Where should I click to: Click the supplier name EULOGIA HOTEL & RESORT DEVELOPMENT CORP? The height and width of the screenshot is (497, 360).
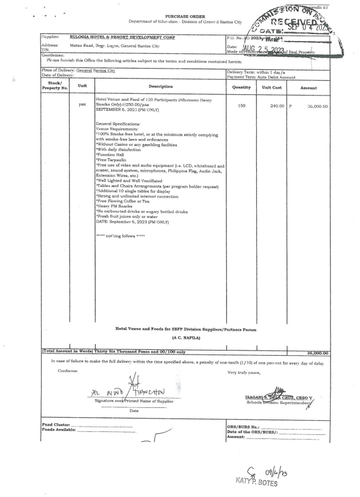122,37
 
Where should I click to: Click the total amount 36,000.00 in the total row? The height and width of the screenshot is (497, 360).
317,353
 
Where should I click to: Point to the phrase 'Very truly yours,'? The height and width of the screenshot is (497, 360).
245,373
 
